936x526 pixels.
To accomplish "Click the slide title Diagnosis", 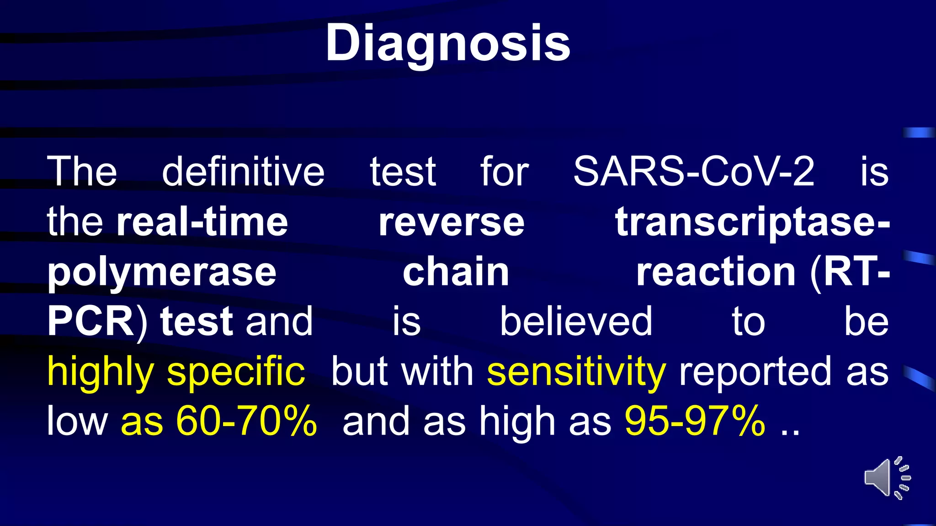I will coord(448,43).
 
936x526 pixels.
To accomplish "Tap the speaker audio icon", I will coord(887,478).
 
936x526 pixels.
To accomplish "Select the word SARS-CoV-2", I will coord(694,172).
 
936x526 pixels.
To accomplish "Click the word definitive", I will coord(243,172).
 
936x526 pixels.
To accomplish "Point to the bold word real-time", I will coord(202,222).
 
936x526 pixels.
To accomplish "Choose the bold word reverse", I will coord(452,222).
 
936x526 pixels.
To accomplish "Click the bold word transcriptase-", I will coord(752,222).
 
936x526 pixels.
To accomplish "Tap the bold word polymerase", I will coord(162,273).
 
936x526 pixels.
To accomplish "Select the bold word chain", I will coord(456,273).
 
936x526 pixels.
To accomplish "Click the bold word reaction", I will coord(716,273).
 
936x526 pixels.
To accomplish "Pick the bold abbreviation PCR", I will coord(90,321).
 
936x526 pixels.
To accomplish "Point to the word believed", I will coord(576,321).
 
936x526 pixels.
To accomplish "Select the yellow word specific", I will coord(236,372).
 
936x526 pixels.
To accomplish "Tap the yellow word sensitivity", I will coord(576,372).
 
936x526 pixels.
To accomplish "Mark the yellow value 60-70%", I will coord(246,421).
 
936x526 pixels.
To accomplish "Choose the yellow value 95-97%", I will coord(695,421).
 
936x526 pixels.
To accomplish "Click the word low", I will coord(77,421).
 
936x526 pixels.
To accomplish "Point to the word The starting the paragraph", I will coord(82,172).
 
